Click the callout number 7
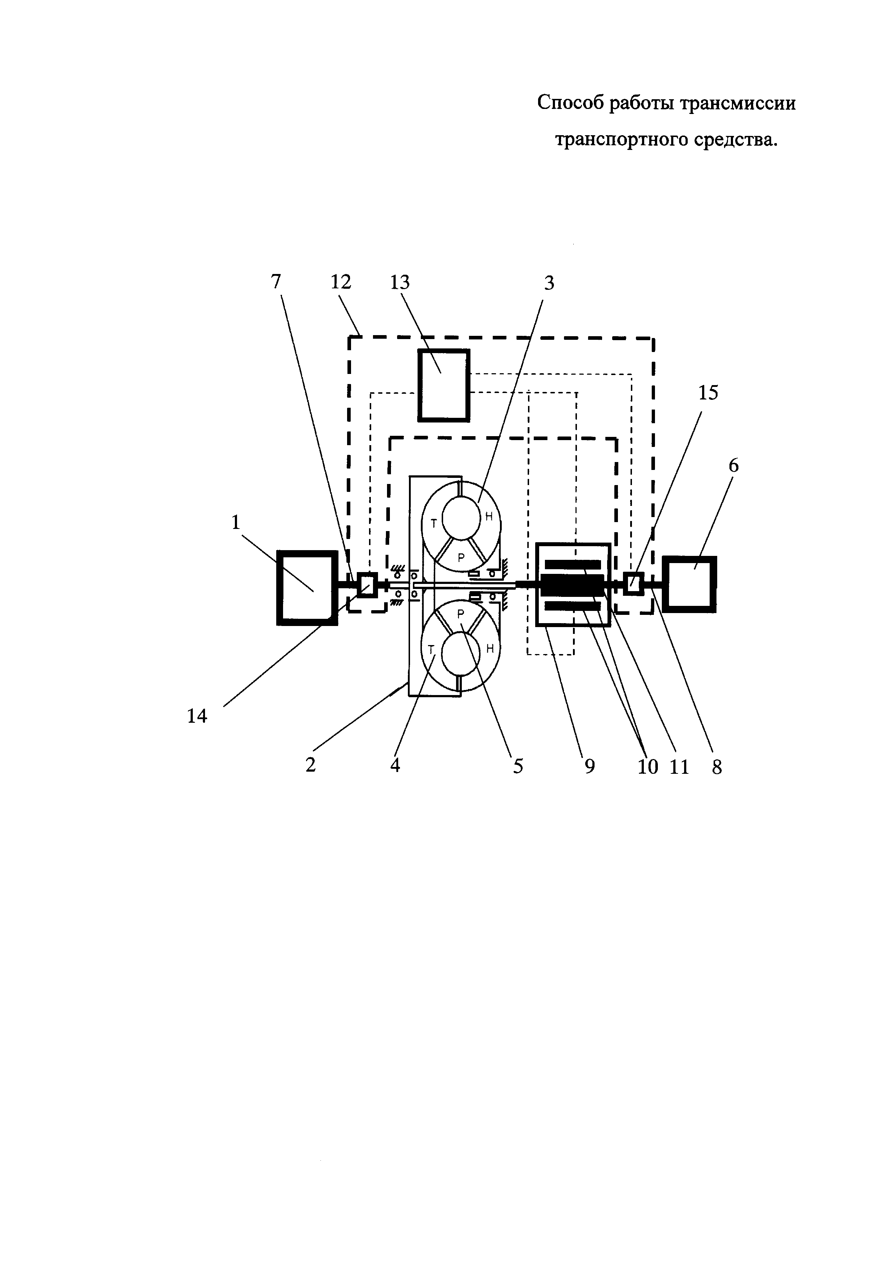click(x=276, y=282)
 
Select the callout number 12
click(x=341, y=282)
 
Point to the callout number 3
click(x=549, y=283)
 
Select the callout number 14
click(x=197, y=716)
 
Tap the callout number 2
click(x=311, y=765)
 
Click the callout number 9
click(x=590, y=767)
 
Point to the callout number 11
click(x=679, y=767)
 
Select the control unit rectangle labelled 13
click(x=443, y=385)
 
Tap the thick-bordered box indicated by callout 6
click(x=690, y=584)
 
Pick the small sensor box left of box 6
click(x=633, y=583)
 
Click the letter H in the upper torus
click(x=488, y=516)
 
